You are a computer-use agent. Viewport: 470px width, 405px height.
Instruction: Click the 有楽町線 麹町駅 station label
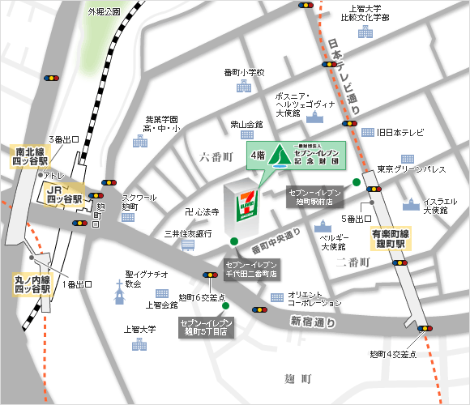pyautogui.click(x=393, y=239)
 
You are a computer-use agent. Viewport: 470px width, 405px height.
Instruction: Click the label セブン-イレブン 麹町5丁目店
pyautogui.click(x=206, y=326)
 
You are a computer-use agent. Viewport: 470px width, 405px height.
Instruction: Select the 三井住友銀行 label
pyautogui.click(x=188, y=233)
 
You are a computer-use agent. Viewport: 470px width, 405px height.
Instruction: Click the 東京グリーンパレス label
pyautogui.click(x=412, y=169)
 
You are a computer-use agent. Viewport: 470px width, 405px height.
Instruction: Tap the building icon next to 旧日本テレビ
pyautogui.click(x=369, y=132)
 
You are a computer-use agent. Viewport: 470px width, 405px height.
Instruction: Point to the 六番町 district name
pyautogui.click(x=216, y=156)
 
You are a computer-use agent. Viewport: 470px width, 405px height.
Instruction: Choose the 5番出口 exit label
pyautogui.click(x=354, y=220)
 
